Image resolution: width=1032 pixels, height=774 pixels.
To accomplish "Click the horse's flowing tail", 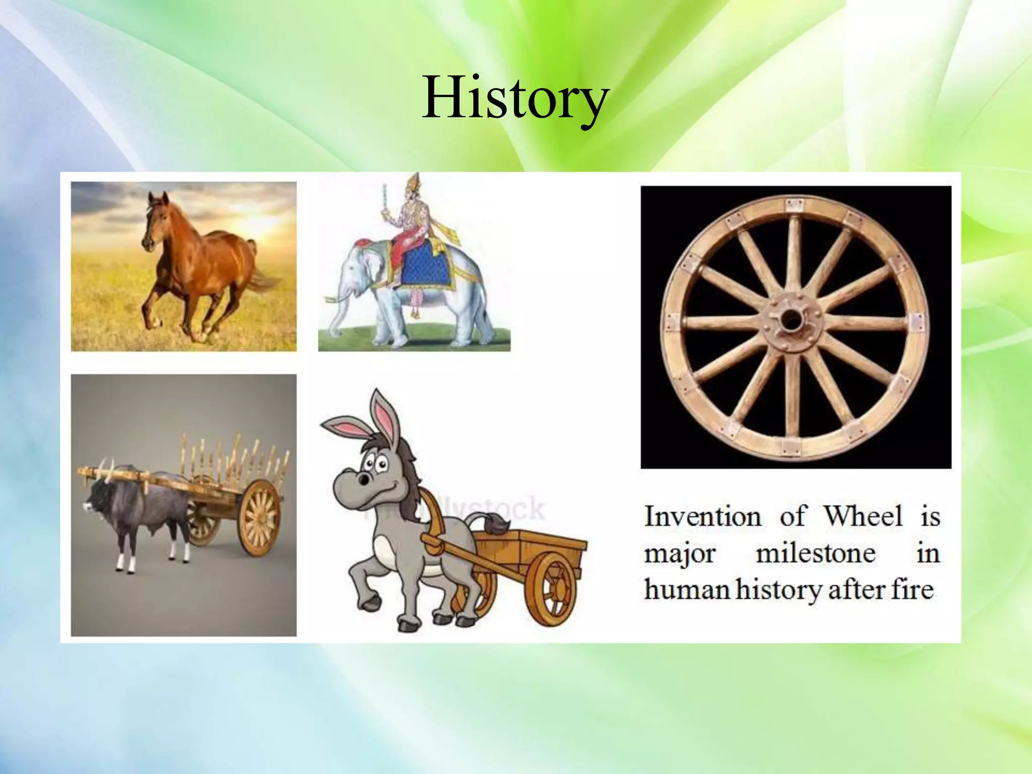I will (x=265, y=282).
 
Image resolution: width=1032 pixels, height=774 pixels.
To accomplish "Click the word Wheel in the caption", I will (x=863, y=517).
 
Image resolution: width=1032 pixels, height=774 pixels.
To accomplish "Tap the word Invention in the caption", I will (x=702, y=517).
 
